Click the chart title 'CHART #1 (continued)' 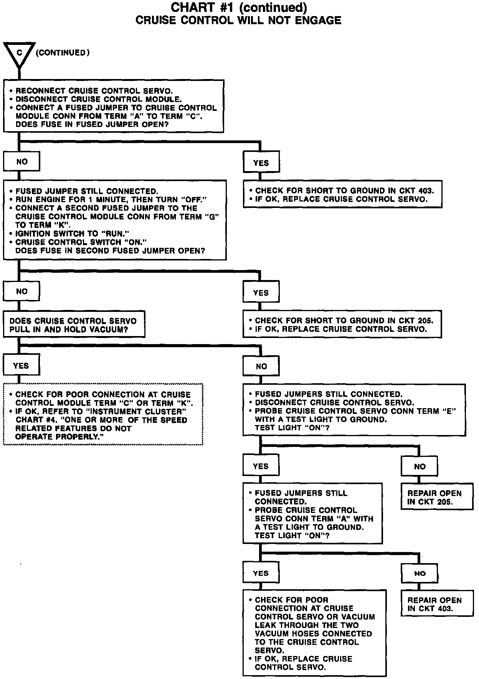click(x=238, y=7)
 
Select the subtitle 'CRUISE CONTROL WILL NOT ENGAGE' click(x=238, y=20)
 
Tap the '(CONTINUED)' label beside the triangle click(x=63, y=53)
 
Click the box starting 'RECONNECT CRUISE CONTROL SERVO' click(x=114, y=106)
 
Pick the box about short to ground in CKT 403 click(x=342, y=194)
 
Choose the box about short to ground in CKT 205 click(x=342, y=324)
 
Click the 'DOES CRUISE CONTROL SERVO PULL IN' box click(x=74, y=325)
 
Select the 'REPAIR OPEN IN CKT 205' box click(x=432, y=497)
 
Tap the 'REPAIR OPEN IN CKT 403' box click(x=432, y=604)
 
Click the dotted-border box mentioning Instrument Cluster click(x=103, y=414)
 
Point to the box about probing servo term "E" click(x=354, y=410)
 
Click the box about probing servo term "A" click(x=312, y=513)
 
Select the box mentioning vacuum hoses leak click(x=314, y=633)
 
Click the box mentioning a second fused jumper click(x=115, y=220)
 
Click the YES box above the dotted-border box click(x=21, y=366)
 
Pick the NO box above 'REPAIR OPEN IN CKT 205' click(x=420, y=466)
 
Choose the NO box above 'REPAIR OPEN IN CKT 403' click(x=420, y=573)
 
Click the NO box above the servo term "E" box click(x=261, y=366)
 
